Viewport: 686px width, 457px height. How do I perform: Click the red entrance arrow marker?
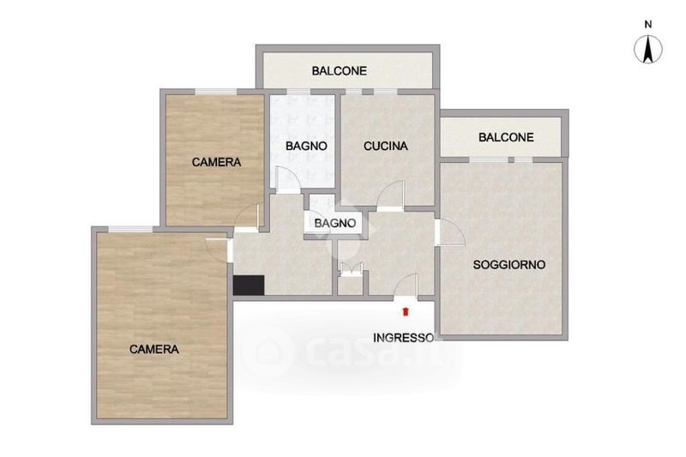pyautogui.click(x=406, y=311)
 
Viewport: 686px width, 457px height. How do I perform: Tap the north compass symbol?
pyautogui.click(x=648, y=49)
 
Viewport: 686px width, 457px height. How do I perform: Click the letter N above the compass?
pyautogui.click(x=648, y=25)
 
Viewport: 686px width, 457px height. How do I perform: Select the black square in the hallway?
pyautogui.click(x=249, y=286)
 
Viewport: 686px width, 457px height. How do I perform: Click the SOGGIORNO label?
pyautogui.click(x=509, y=265)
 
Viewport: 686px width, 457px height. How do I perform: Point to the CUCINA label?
pyautogui.click(x=385, y=146)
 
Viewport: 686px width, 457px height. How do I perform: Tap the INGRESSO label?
pyautogui.click(x=404, y=338)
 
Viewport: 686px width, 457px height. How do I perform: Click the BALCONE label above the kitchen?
pyautogui.click(x=339, y=71)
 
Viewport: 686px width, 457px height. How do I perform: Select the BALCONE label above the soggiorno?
pyautogui.click(x=506, y=137)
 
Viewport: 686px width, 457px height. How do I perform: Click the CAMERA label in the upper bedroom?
pyautogui.click(x=216, y=162)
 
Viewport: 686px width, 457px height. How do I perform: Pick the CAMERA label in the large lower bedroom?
pyautogui.click(x=154, y=350)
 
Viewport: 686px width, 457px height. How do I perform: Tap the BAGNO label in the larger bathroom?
pyautogui.click(x=306, y=146)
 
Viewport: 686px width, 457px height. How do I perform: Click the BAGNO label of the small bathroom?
pyautogui.click(x=335, y=223)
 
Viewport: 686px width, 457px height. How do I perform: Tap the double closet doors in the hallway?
pyautogui.click(x=352, y=268)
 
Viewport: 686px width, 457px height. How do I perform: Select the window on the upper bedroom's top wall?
pyautogui.click(x=216, y=92)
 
